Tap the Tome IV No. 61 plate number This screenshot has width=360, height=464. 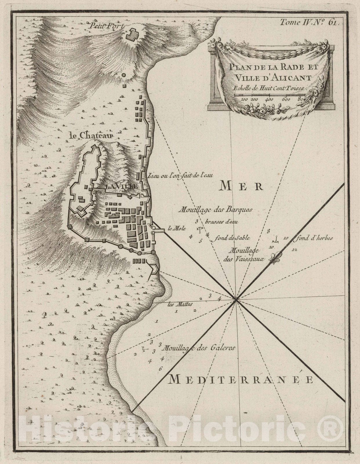click(x=309, y=23)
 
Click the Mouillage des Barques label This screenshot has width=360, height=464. click(x=216, y=209)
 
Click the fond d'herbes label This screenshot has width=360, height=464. click(x=314, y=238)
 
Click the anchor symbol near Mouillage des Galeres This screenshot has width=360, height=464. click(x=143, y=349)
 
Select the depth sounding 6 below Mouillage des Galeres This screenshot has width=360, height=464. click(x=160, y=369)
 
